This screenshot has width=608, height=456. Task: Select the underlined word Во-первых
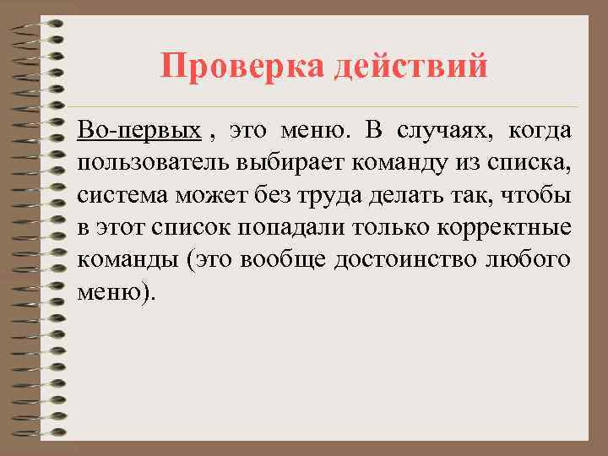[139, 132]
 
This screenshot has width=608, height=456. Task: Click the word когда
[540, 132]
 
